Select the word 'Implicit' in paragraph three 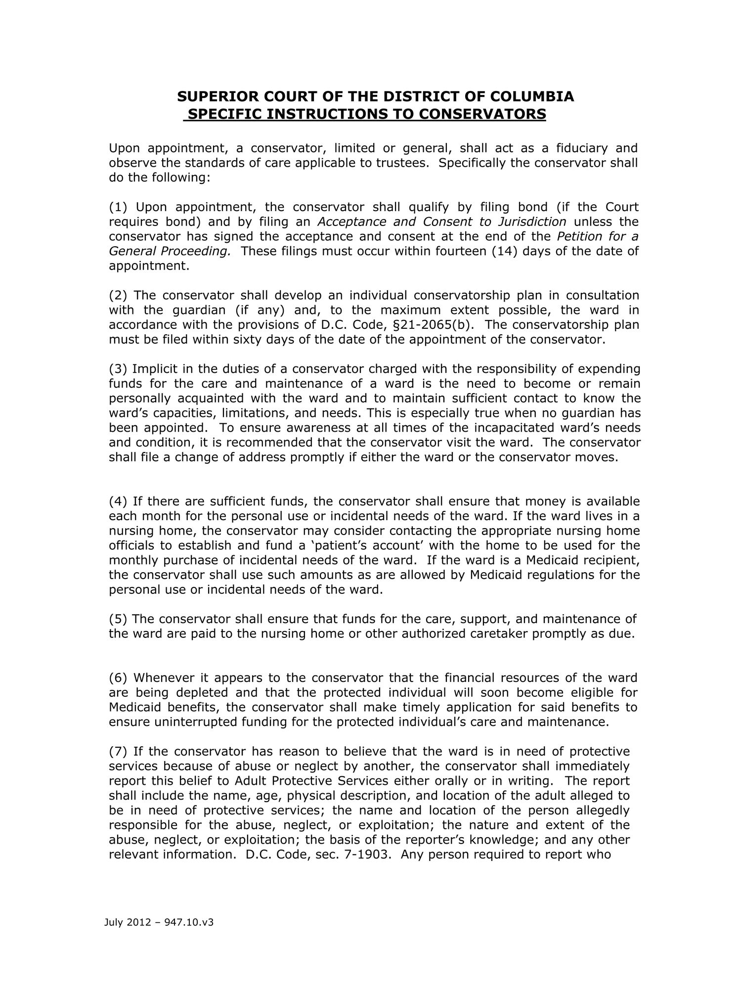point(155,369)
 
